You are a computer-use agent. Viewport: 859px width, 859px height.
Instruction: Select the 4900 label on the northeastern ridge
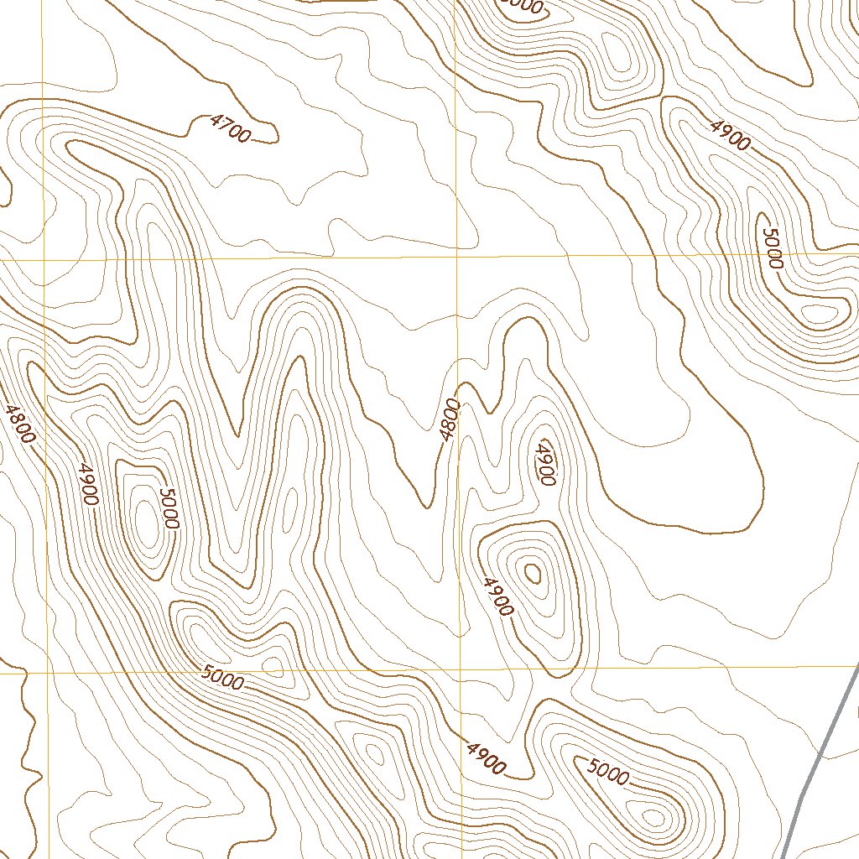pyautogui.click(x=729, y=134)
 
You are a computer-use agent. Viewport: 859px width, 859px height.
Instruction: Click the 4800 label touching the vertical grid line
pyautogui.click(x=450, y=419)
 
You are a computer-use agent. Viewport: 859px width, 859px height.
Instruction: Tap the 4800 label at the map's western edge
pyautogui.click(x=19, y=424)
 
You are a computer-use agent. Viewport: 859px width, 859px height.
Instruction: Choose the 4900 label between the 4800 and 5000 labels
pyautogui.click(x=87, y=484)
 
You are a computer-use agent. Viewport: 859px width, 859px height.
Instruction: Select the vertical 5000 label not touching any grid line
pyautogui.click(x=169, y=508)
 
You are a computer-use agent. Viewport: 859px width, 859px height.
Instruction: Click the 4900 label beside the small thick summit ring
pyautogui.click(x=498, y=596)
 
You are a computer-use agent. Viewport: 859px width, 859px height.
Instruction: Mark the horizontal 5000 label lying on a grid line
pyautogui.click(x=223, y=677)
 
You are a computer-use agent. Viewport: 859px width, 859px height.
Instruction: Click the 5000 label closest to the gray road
pyautogui.click(x=607, y=772)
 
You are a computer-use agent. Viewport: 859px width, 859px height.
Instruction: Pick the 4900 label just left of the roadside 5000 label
pyautogui.click(x=487, y=757)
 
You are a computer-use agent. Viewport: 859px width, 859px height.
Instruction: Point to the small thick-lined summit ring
pyautogui.click(x=532, y=574)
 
